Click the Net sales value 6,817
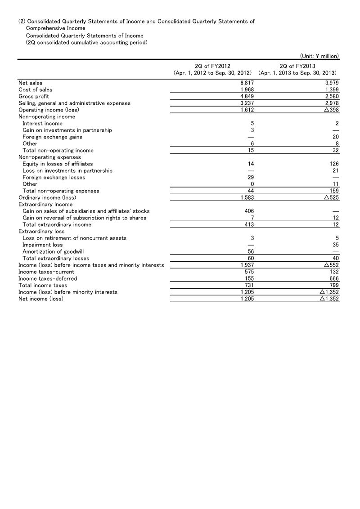(x=247, y=83)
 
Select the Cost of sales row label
(x=35, y=89)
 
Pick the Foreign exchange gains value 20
(x=335, y=137)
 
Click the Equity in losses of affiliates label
(x=58, y=164)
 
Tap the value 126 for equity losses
(x=334, y=164)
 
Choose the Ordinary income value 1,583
(x=247, y=197)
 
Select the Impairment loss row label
(x=43, y=245)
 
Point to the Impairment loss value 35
(x=335, y=245)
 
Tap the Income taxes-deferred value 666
(x=334, y=278)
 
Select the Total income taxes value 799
(x=334, y=285)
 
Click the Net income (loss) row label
(x=40, y=299)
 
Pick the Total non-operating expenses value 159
(x=334, y=191)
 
